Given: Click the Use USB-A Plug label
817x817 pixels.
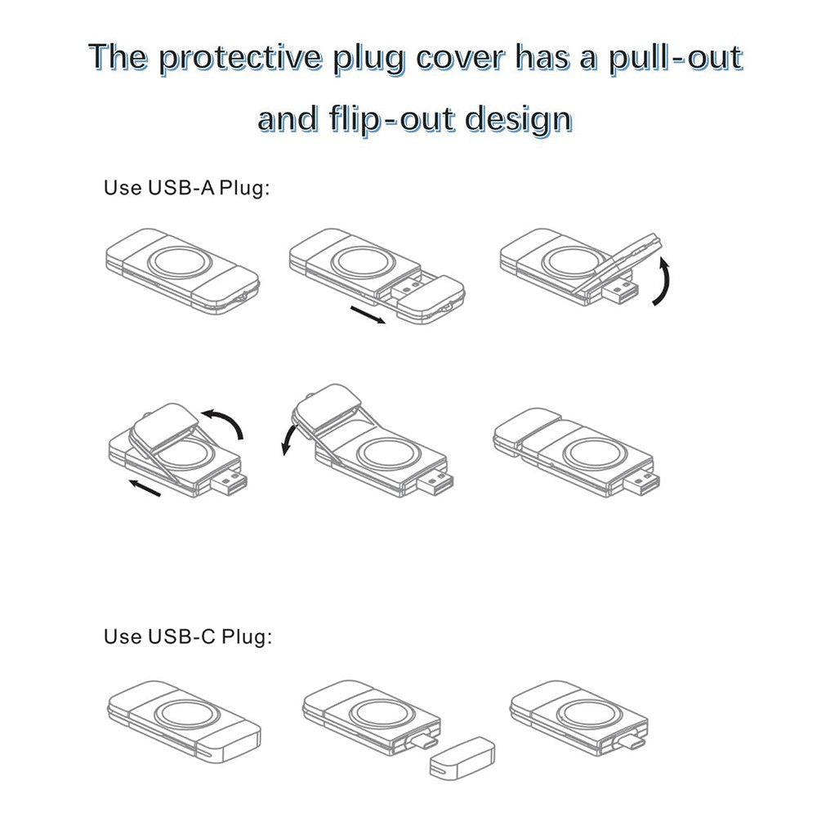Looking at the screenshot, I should point(185,188).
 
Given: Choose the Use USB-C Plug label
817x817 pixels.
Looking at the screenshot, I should point(187,636).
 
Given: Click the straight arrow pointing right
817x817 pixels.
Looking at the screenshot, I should point(367,315).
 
